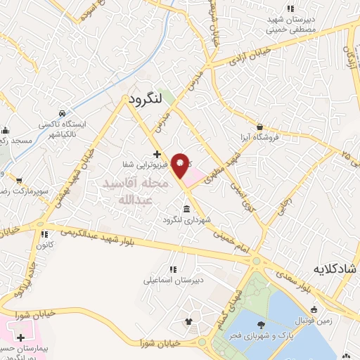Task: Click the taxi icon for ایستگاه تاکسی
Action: (x=63, y=113)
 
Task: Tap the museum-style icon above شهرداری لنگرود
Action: (x=186, y=209)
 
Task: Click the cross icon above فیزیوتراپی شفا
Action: (x=157, y=154)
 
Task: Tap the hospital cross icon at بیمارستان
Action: (x=20, y=338)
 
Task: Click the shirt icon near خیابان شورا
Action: (x=188, y=323)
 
